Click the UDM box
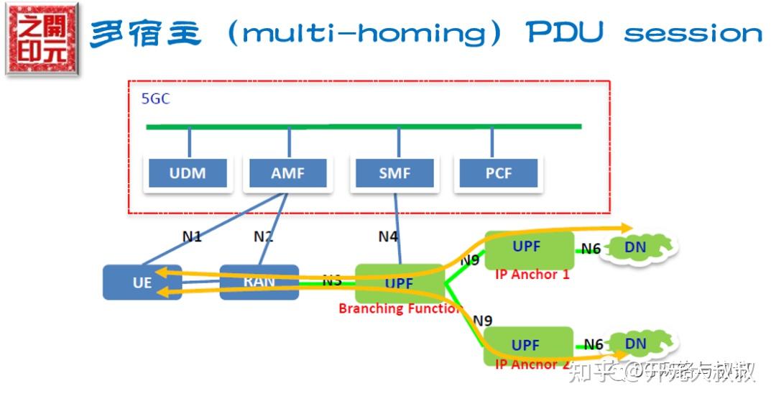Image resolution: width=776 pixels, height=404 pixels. pyautogui.click(x=188, y=173)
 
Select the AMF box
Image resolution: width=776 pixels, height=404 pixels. pyautogui.click(x=287, y=173)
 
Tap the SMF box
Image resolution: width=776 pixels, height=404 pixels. pyautogui.click(x=395, y=173)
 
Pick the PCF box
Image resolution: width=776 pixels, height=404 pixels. pyautogui.click(x=498, y=173)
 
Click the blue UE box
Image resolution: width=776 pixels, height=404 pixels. pyautogui.click(x=142, y=283)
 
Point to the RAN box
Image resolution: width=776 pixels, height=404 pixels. pyautogui.click(x=259, y=282)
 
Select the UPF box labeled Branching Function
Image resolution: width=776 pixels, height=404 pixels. pyautogui.click(x=399, y=283)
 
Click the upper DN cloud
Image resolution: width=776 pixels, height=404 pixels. pyautogui.click(x=636, y=248)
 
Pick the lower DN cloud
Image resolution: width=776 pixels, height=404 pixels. pyautogui.click(x=636, y=344)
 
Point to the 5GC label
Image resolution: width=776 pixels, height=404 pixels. pyautogui.click(x=155, y=99)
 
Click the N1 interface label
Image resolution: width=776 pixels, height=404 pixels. pyautogui.click(x=192, y=236)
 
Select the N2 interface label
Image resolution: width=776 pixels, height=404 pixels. pyautogui.click(x=264, y=236)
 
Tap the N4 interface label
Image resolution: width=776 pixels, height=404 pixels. pyautogui.click(x=389, y=236)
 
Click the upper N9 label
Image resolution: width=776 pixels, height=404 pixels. pyautogui.click(x=469, y=261)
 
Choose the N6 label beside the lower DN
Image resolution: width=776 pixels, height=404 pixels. pyautogui.click(x=593, y=344)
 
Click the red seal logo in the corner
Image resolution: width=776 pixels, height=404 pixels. pyautogui.click(x=41, y=38)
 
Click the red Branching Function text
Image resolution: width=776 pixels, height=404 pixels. pyautogui.click(x=399, y=309)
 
